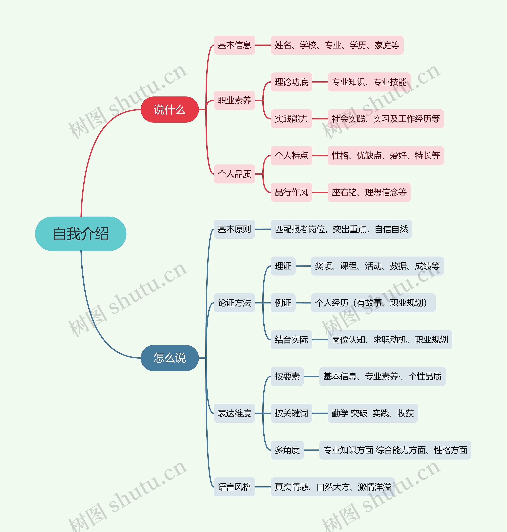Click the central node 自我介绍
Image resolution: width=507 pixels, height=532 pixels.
(x=81, y=234)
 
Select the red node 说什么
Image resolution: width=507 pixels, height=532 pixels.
(x=170, y=110)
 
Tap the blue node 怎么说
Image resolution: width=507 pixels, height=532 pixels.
(x=170, y=358)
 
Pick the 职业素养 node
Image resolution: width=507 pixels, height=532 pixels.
(x=234, y=100)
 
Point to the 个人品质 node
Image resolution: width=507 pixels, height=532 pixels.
(x=234, y=174)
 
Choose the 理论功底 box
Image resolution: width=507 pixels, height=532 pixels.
(x=291, y=82)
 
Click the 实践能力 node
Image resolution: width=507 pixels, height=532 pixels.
(x=291, y=119)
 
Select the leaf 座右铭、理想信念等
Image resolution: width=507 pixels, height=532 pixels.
(x=369, y=192)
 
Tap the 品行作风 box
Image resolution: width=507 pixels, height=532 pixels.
(x=291, y=192)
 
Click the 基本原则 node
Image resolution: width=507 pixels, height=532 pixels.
(x=234, y=229)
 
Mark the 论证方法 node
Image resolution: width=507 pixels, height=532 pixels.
(x=234, y=303)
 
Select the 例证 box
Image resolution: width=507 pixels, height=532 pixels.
(x=283, y=303)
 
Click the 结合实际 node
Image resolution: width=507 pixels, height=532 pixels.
(x=291, y=340)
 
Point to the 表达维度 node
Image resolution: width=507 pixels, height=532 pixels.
(x=234, y=413)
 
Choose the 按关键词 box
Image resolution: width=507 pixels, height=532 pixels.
(x=291, y=413)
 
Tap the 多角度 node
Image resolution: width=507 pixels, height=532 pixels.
(x=287, y=450)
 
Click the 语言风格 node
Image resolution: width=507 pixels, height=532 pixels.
(x=234, y=487)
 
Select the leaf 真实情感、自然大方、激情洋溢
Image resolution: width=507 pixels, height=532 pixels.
(x=333, y=487)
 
